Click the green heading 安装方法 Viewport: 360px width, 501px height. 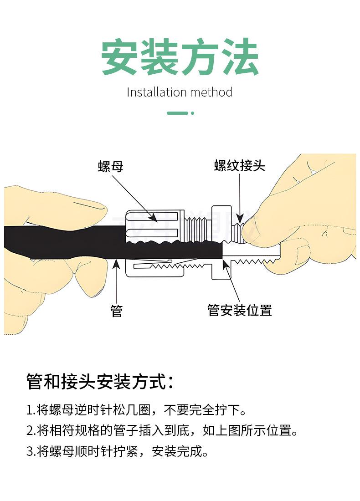tap(180, 58)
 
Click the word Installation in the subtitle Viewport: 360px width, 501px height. tap(156, 92)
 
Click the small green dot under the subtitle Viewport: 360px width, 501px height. tap(192, 113)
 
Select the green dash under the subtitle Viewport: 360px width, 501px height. tap(177, 113)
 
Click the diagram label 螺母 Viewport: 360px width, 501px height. tap(111, 166)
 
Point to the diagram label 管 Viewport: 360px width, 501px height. tap(117, 311)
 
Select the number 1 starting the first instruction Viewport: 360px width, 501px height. tap(29, 410)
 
